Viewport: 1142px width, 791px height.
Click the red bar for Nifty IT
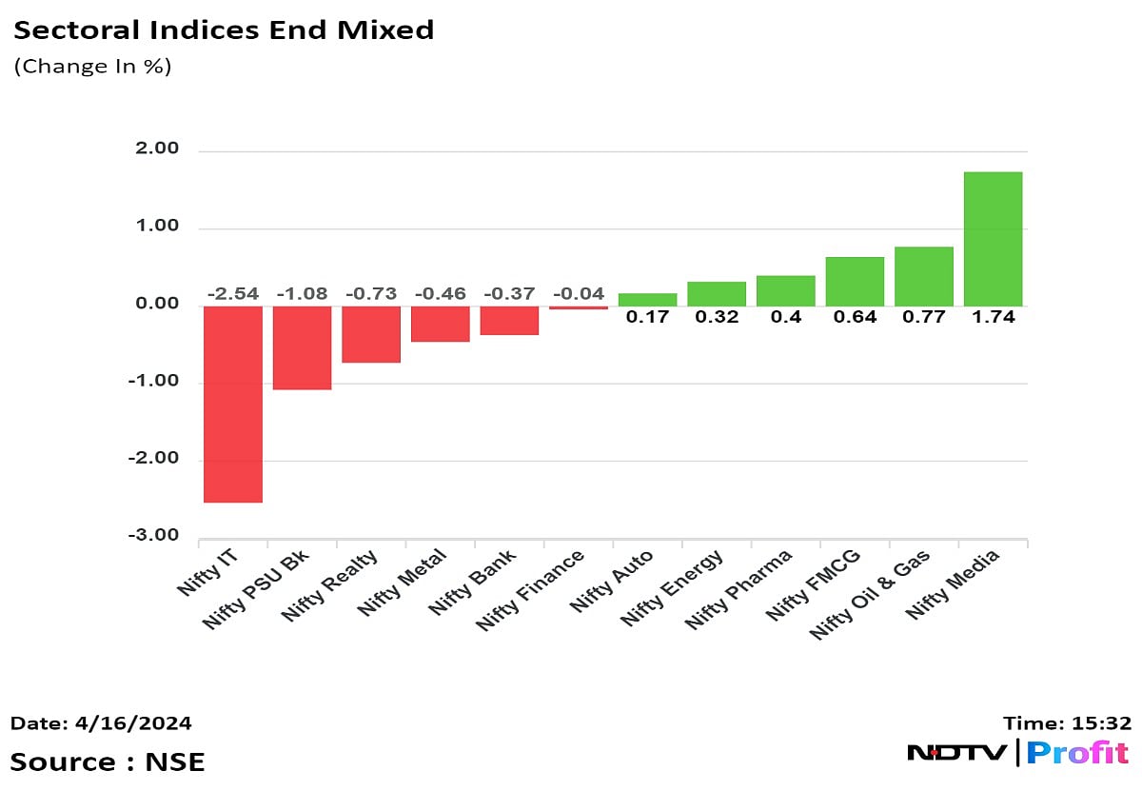[233, 404]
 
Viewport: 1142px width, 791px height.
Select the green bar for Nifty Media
[993, 239]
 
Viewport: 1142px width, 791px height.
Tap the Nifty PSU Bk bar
[302, 347]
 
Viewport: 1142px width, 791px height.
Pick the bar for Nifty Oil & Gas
[923, 276]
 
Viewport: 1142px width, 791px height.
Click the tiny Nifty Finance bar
[579, 307]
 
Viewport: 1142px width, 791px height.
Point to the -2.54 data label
[233, 293]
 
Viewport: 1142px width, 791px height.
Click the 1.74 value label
[993, 318]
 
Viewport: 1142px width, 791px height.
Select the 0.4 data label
[785, 318]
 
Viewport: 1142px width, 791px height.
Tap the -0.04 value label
[579, 293]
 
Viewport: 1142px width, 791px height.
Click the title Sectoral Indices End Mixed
[224, 30]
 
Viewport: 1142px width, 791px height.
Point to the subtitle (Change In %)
[92, 67]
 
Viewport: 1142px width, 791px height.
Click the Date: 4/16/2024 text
[101, 723]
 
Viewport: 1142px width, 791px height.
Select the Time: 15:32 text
[1066, 723]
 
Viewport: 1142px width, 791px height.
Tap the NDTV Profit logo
[1017, 753]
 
